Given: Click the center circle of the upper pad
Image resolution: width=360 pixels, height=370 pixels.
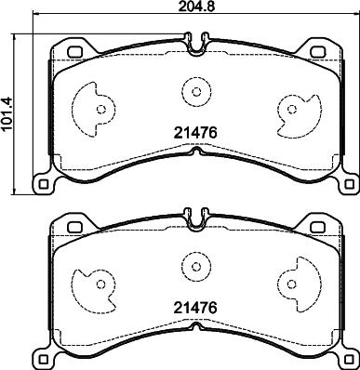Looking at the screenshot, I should pos(196,92).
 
